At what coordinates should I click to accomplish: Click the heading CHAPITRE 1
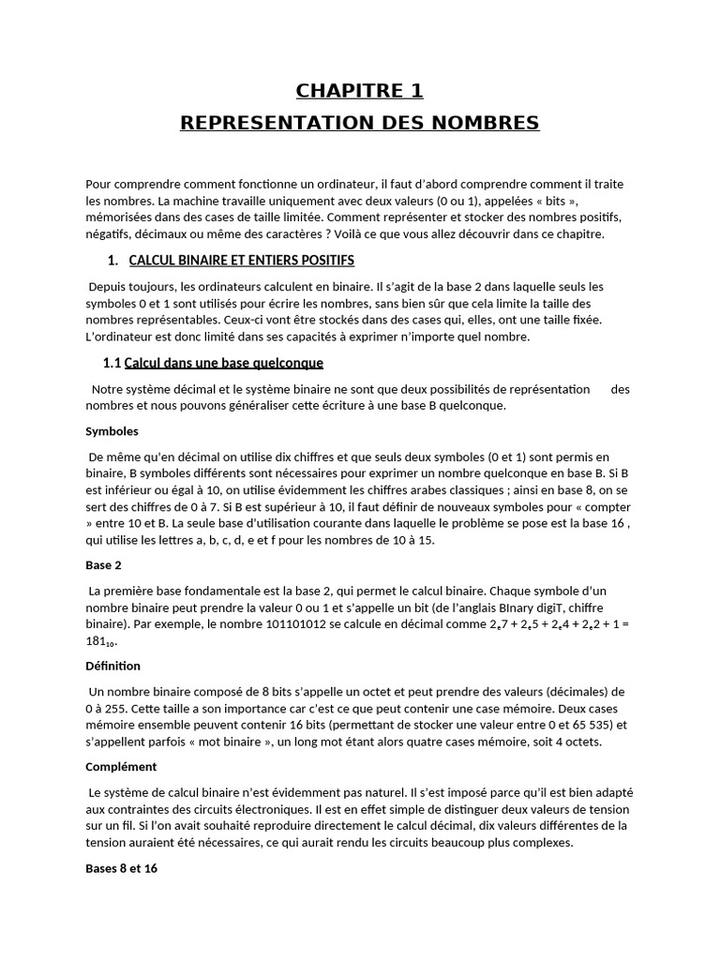(x=359, y=91)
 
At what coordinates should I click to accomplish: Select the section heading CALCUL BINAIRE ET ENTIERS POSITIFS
(x=241, y=260)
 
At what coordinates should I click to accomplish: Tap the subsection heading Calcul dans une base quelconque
(x=223, y=363)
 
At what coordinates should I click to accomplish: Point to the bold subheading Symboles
(x=112, y=431)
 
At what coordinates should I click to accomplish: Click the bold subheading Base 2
(x=103, y=565)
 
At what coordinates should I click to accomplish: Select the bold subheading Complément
(x=118, y=766)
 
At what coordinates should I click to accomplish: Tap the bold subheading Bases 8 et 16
(x=121, y=868)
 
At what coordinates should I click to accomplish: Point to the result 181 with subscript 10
(x=100, y=641)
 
